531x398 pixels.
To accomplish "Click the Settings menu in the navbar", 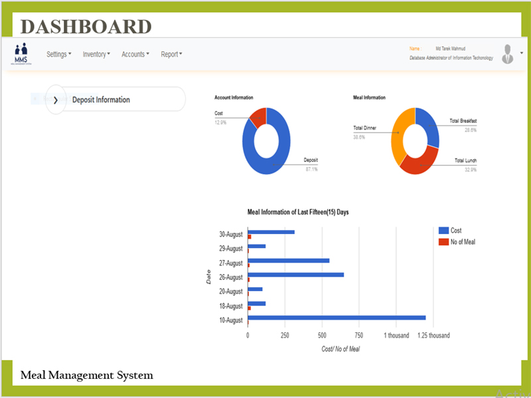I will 58,54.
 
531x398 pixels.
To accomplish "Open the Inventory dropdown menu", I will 96,54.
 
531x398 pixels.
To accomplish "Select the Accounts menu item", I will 135,54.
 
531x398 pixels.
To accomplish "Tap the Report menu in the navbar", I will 171,54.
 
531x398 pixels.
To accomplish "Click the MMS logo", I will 22,53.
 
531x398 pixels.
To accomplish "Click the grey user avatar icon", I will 508,54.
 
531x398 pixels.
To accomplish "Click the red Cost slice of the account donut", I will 258,117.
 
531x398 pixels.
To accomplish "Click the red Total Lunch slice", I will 418,162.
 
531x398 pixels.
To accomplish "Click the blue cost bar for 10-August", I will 336,318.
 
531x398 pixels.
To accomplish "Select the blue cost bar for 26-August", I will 296,275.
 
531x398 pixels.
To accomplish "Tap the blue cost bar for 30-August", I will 271,232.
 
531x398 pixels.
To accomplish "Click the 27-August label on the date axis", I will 231,263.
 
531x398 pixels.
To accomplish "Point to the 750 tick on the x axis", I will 358,336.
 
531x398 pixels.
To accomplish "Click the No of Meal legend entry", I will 457,242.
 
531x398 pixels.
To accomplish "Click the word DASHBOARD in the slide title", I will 86,27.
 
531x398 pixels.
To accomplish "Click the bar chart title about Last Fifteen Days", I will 298,212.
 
